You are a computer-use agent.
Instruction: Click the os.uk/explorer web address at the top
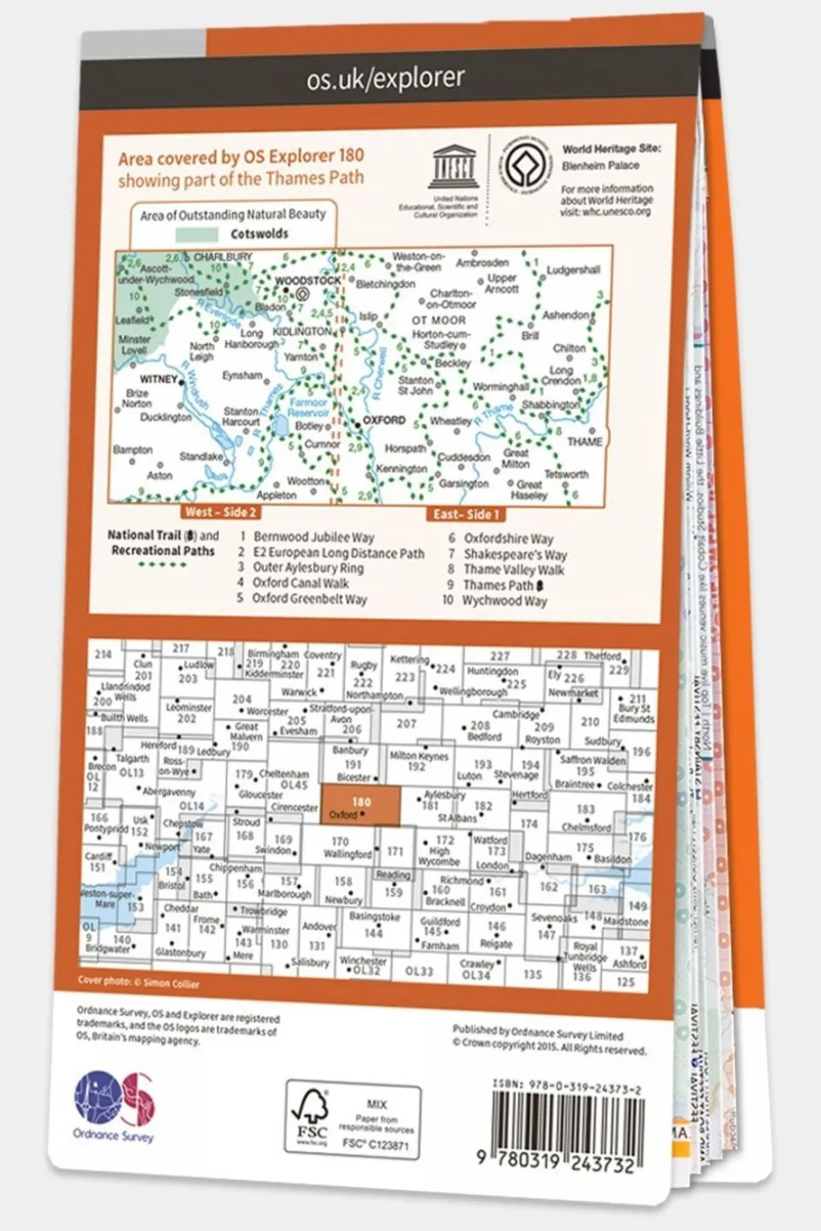click(x=385, y=79)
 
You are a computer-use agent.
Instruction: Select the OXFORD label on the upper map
click(x=384, y=420)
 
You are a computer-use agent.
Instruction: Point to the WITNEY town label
click(x=158, y=379)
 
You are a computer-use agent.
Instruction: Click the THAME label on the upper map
click(x=585, y=441)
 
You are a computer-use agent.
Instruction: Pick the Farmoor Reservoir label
click(x=307, y=407)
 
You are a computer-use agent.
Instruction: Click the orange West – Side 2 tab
click(x=220, y=512)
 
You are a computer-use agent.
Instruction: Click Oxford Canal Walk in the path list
click(x=300, y=583)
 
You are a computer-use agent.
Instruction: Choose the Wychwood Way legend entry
click(x=504, y=601)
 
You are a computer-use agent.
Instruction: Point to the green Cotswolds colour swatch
click(x=197, y=234)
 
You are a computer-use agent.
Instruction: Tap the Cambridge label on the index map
click(x=515, y=714)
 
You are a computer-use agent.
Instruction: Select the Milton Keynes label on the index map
click(x=419, y=756)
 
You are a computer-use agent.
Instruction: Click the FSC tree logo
click(x=310, y=1117)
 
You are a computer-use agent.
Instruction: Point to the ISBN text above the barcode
click(x=567, y=1090)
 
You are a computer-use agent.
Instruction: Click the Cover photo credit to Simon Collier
click(x=138, y=983)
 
